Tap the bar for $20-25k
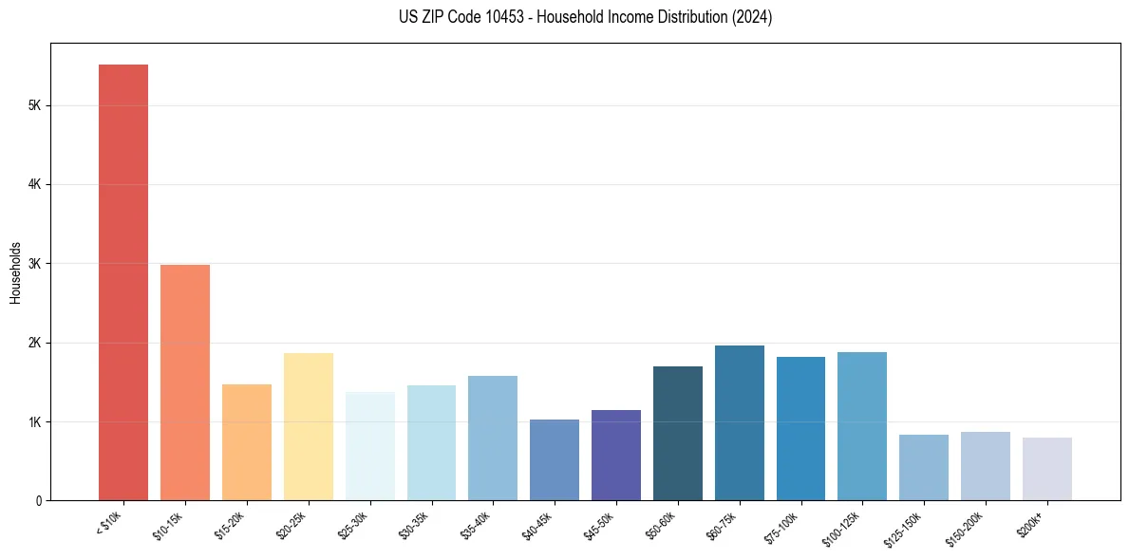(309, 426)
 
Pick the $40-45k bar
(555, 459)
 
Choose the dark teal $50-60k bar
(678, 433)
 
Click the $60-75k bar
(740, 422)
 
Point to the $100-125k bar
(862, 426)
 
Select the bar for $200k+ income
(1047, 469)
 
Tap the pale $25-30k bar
(370, 446)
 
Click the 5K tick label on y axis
(34, 105)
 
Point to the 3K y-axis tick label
(34, 264)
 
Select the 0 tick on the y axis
(39, 500)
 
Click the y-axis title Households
(15, 272)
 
